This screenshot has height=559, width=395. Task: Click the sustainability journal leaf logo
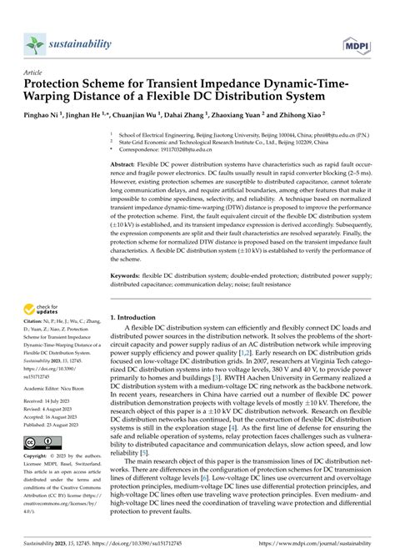[x=32, y=43]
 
